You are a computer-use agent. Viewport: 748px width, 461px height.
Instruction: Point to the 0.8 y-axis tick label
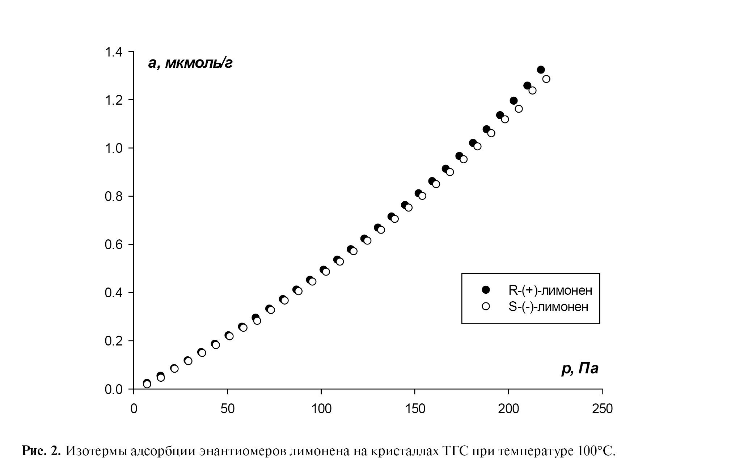(114, 196)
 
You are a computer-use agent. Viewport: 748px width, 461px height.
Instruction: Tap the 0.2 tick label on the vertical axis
(114, 341)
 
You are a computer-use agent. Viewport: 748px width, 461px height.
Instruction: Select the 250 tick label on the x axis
(602, 408)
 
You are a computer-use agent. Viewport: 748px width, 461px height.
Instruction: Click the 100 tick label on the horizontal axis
(321, 408)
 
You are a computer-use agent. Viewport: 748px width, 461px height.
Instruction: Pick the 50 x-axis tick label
(227, 408)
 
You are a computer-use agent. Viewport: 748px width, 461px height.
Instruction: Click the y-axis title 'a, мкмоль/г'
(190, 63)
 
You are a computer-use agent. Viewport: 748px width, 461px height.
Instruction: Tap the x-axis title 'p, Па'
(580, 369)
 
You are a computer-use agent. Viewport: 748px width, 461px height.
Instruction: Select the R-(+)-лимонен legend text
(548, 290)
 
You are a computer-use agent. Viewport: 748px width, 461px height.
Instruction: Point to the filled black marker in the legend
(486, 290)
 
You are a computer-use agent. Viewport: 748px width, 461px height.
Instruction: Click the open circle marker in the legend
(486, 306)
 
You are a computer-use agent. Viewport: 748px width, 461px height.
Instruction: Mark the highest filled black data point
(541, 70)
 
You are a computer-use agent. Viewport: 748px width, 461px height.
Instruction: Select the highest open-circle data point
(546, 79)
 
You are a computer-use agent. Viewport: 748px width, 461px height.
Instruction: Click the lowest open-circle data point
(147, 384)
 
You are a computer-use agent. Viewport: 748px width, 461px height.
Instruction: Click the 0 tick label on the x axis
(134, 408)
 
